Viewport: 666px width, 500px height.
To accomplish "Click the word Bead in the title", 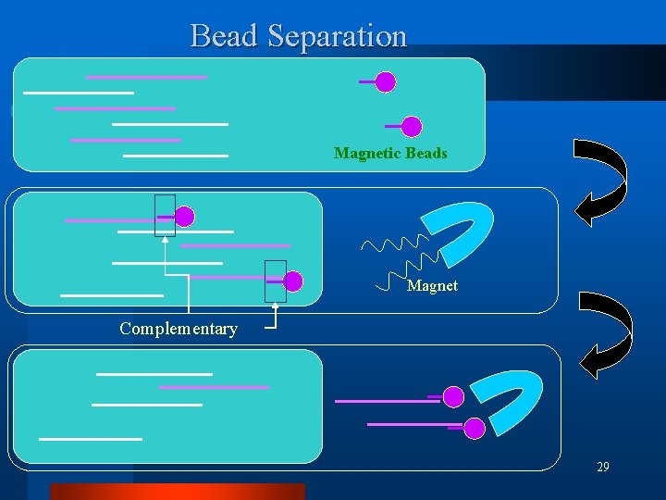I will tap(225, 36).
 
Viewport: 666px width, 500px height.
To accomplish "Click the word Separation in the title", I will tap(338, 36).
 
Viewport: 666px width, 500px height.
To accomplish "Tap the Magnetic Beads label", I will tap(390, 153).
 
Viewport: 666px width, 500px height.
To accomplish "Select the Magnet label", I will tap(432, 286).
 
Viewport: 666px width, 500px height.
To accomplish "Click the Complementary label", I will tap(179, 329).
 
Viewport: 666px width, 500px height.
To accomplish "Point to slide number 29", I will tap(602, 468).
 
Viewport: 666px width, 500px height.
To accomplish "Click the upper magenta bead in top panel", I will tap(386, 82).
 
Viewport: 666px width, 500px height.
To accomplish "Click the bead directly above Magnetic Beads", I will tap(412, 127).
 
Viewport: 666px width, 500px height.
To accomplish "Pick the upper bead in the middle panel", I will tap(185, 217).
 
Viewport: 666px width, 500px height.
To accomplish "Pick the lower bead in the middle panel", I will tap(293, 281).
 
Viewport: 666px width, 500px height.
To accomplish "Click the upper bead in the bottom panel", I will tap(452, 397).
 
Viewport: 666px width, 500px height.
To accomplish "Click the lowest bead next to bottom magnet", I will tap(474, 428).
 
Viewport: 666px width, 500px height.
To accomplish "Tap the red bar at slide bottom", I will tap(176, 492).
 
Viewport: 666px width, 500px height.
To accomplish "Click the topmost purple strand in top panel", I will tap(146, 77).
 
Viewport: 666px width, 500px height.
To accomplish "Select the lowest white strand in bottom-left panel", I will tap(91, 437).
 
